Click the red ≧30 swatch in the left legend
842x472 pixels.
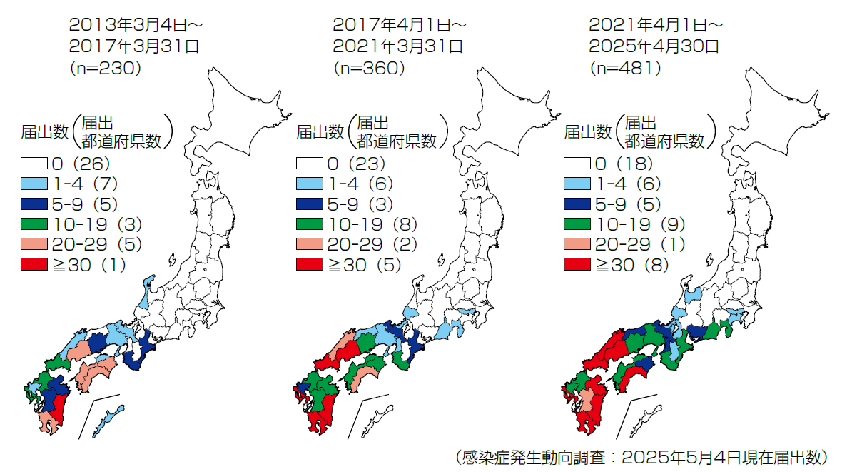(x=34, y=265)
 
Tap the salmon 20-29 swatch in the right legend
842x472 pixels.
(x=577, y=244)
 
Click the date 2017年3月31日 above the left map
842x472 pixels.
(x=133, y=46)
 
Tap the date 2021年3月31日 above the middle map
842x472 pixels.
(x=397, y=46)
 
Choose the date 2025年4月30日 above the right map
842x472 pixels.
(x=654, y=46)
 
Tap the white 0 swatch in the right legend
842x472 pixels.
(x=577, y=164)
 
